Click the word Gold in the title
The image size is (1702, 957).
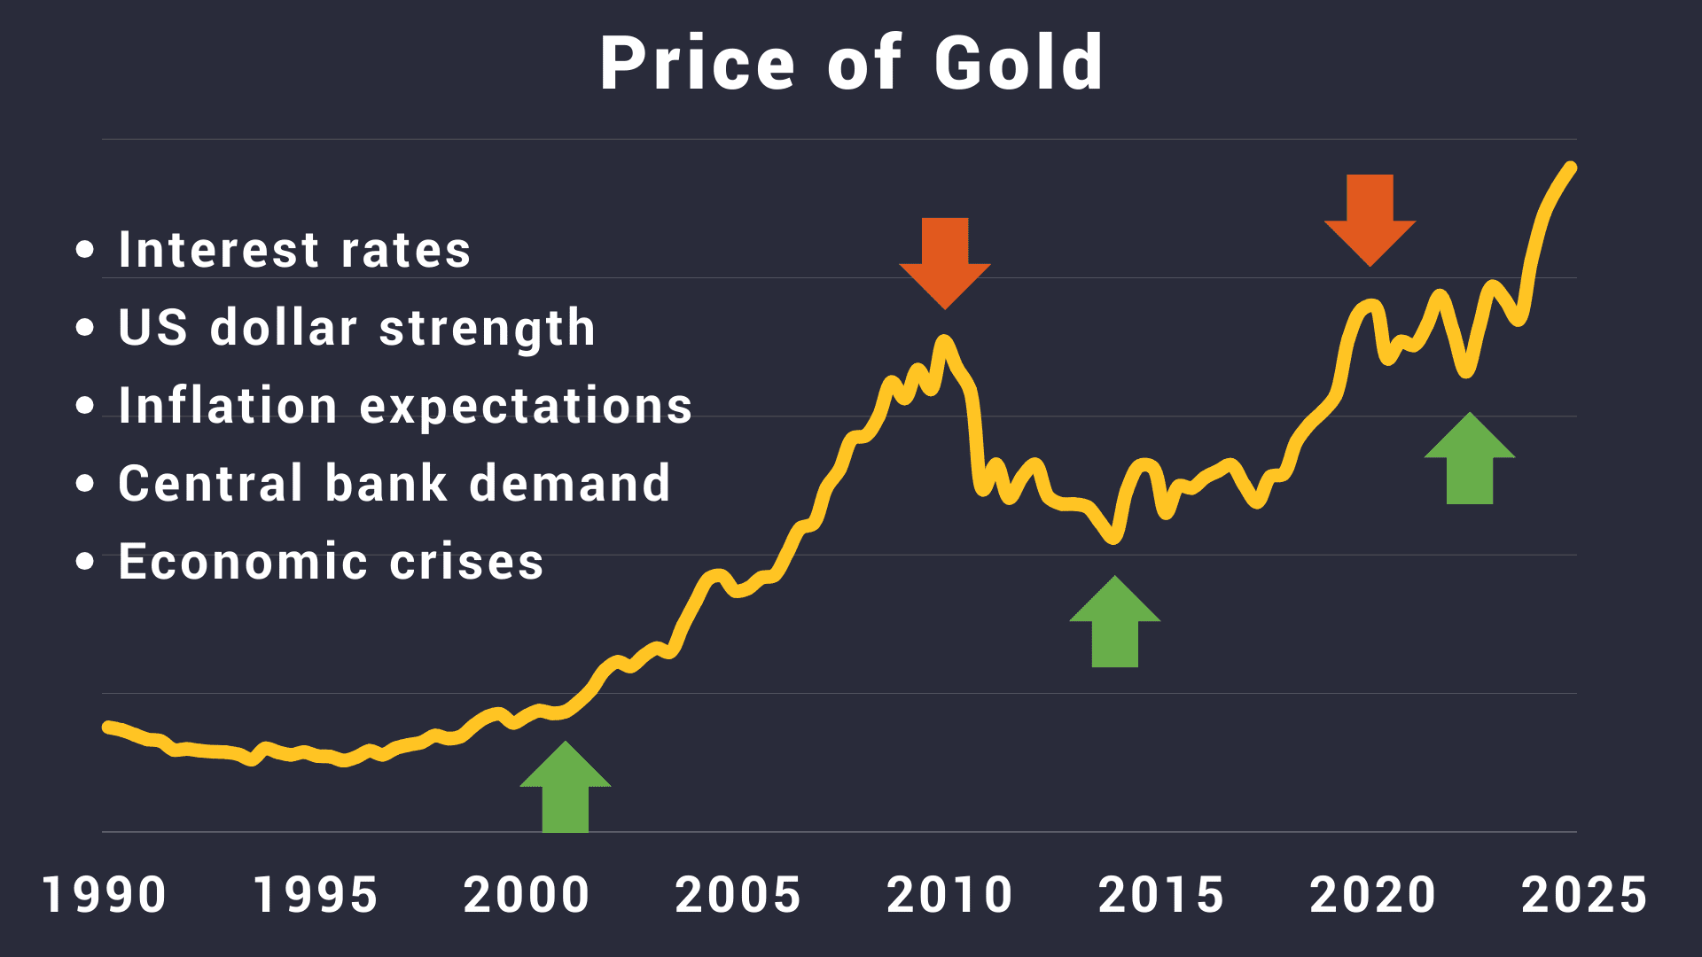coord(1019,64)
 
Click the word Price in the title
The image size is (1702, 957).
coord(698,64)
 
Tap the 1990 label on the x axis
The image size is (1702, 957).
coord(104,895)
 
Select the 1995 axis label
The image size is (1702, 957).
coord(316,895)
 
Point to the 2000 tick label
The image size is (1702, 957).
coord(527,895)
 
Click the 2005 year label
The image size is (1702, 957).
coord(738,895)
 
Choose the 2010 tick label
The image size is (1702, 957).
coord(949,895)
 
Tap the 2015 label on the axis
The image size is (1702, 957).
coord(1161,895)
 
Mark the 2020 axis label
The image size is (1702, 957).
coord(1372,895)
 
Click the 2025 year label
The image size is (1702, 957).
coord(1584,895)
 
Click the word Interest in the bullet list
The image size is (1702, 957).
coord(218,250)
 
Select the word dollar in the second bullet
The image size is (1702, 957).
coord(284,328)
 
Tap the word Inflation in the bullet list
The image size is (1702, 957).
coord(228,406)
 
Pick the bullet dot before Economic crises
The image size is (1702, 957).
coord(85,562)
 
